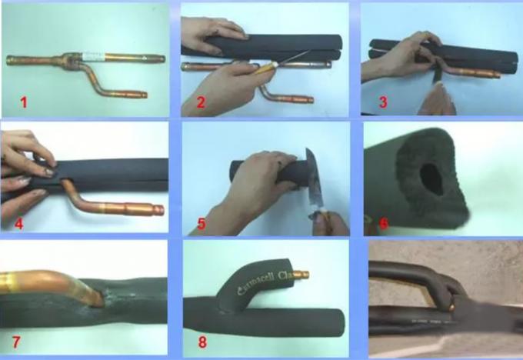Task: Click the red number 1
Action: tap(23, 101)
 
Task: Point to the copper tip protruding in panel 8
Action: tap(305, 275)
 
